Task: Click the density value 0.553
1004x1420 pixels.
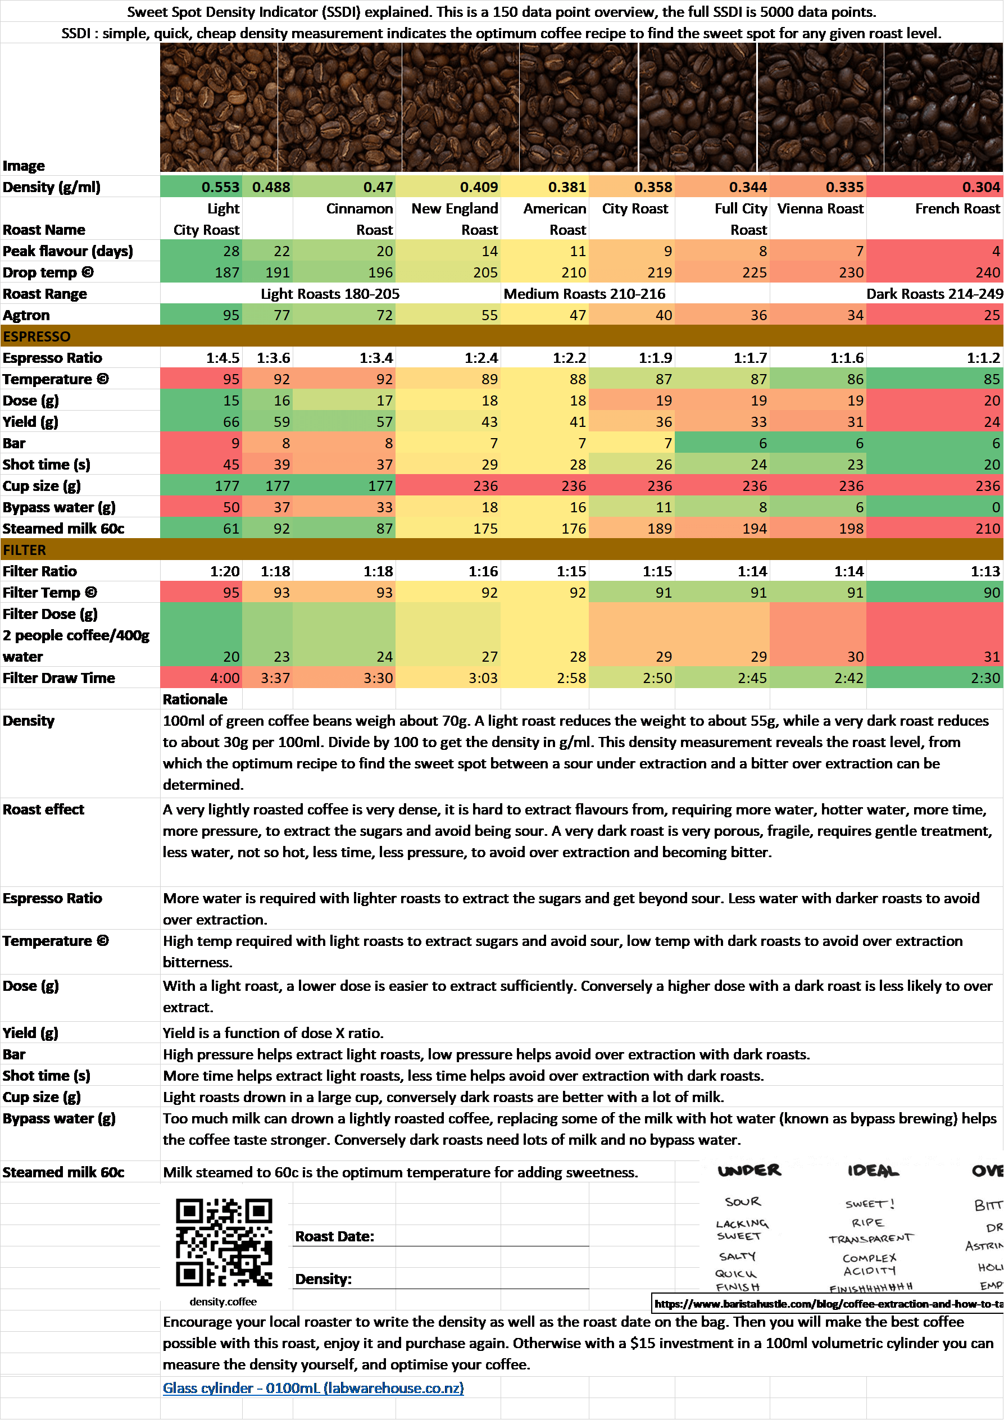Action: coord(220,187)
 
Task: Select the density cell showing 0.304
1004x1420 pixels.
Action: coord(980,187)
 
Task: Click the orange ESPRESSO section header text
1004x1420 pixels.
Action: coord(37,336)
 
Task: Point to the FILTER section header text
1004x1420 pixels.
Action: coord(25,550)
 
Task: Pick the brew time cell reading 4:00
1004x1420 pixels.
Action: coord(225,678)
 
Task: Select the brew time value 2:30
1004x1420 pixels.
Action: coord(985,678)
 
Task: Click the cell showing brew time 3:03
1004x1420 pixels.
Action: coord(483,678)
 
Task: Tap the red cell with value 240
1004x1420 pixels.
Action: coord(987,272)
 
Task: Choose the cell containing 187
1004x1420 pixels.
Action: coord(227,272)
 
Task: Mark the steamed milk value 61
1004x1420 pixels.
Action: coord(231,528)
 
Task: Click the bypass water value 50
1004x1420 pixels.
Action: coord(231,507)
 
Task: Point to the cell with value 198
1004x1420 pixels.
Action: coord(851,528)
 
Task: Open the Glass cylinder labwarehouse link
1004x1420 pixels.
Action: coord(313,1388)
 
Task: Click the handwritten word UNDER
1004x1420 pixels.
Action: coord(749,1170)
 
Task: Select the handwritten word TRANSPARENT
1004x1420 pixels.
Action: coord(870,1238)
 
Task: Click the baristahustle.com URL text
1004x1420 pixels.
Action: coord(828,1304)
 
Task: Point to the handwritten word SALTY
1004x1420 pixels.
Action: coord(737,1256)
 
